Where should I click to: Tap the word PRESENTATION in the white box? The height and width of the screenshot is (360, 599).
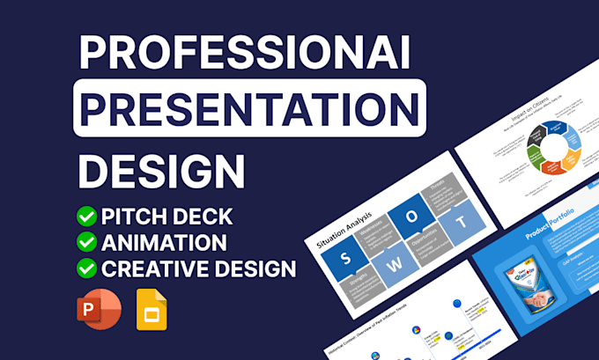point(249,108)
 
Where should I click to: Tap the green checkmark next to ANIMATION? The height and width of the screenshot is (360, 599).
point(87,242)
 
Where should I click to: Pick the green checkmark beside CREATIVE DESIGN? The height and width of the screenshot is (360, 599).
point(87,268)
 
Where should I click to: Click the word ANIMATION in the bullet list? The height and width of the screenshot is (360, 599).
point(165,242)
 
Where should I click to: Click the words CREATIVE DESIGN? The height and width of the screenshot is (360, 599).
point(199,268)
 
